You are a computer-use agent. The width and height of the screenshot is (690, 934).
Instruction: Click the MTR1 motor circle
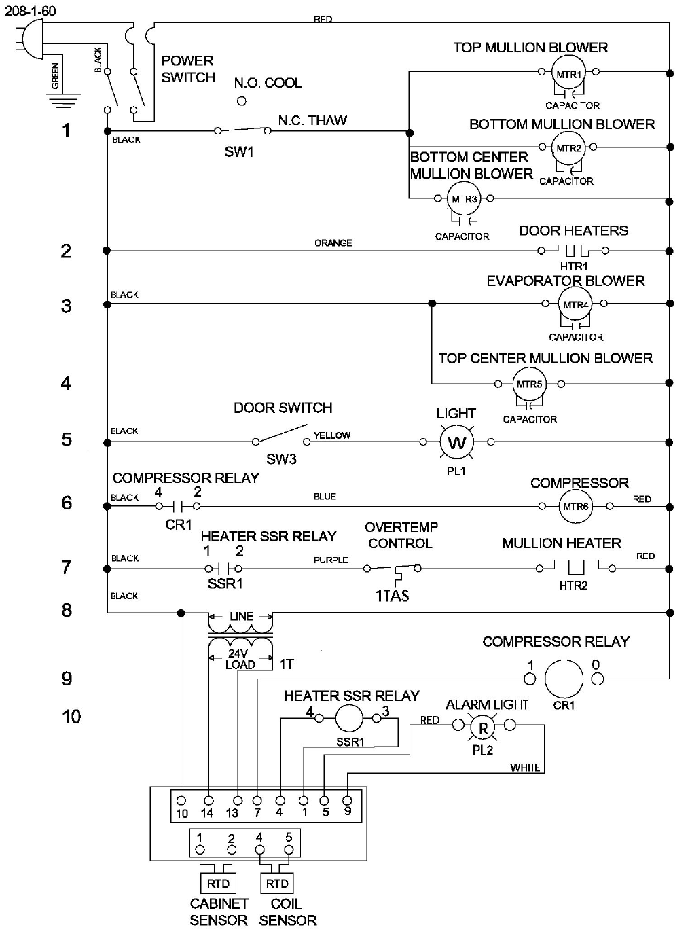point(568,73)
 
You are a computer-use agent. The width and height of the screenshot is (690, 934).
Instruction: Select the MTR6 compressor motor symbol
point(575,507)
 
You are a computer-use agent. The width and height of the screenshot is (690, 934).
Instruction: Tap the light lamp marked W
point(456,443)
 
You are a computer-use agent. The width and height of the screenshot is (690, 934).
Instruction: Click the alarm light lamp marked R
point(483,728)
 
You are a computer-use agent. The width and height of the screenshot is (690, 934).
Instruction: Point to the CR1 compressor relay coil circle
point(564,678)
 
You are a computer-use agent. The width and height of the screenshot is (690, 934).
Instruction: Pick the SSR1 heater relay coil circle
point(349,717)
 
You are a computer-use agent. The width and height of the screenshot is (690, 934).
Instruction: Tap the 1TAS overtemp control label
point(392,596)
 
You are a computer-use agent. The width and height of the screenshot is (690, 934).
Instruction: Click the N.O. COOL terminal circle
point(241,101)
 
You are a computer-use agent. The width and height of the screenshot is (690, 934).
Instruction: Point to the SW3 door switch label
point(281,459)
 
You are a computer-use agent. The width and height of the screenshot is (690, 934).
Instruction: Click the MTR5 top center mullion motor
point(530,384)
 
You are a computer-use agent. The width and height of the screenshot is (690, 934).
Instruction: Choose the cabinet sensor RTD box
point(218,883)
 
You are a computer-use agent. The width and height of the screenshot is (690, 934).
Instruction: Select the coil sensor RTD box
point(277,883)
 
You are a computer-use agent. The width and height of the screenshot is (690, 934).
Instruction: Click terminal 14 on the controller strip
point(208,802)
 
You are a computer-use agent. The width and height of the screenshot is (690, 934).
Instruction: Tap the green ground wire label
point(56,75)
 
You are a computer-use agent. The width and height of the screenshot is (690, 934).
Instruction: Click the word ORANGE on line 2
point(333,243)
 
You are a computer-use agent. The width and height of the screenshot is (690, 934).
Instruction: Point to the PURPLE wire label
point(331,560)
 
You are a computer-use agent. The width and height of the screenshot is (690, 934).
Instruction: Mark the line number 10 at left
point(71,716)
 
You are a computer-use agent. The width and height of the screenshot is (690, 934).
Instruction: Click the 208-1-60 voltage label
point(31,11)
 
